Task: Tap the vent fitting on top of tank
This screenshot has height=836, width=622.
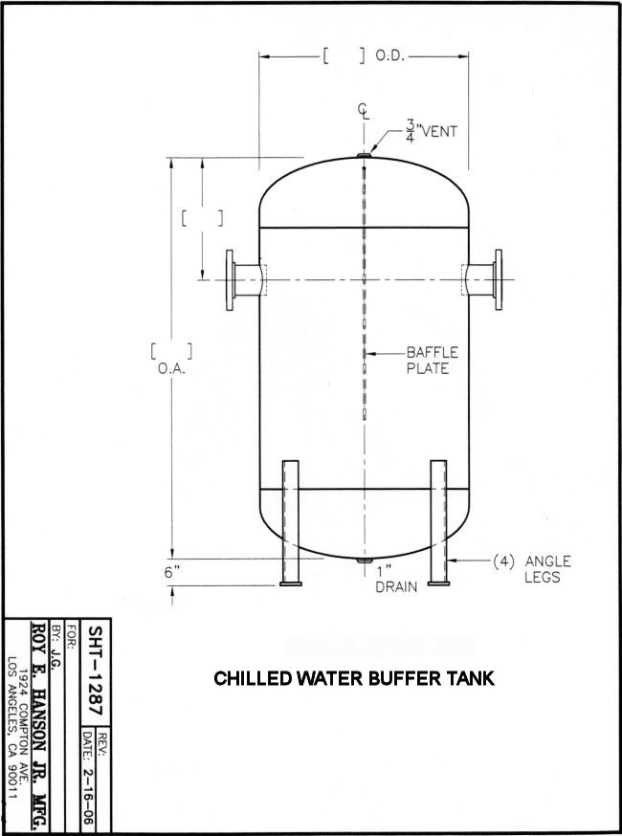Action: [x=364, y=153]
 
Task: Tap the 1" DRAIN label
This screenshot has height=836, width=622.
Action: [x=396, y=580]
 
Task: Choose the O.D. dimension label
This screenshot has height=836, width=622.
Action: [x=390, y=56]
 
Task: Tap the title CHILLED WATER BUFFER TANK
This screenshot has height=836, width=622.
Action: [x=354, y=679]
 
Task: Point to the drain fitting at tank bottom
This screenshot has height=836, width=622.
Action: [x=364, y=561]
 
